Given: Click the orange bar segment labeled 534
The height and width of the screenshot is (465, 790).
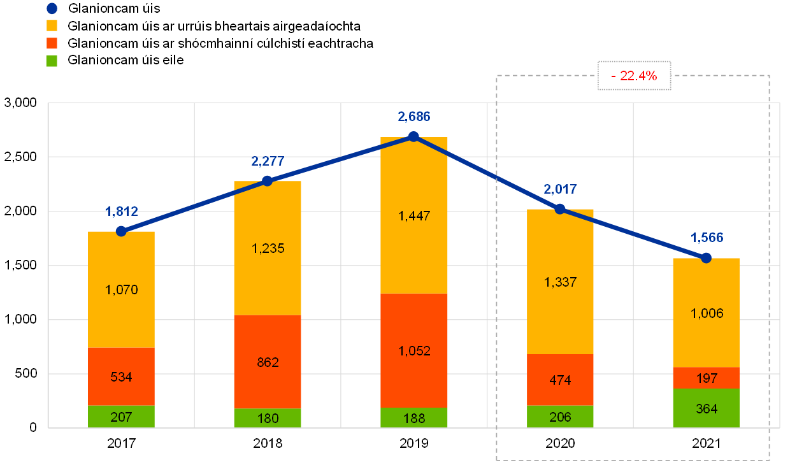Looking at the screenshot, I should (121, 376).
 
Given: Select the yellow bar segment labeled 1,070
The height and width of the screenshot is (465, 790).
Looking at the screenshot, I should (121, 290).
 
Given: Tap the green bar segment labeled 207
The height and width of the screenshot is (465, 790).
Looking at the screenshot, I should (121, 417).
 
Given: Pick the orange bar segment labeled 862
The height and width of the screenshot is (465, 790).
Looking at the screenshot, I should (268, 362).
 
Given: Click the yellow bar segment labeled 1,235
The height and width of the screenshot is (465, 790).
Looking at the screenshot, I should (268, 248).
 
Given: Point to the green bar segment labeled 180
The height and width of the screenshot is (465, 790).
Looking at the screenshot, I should (268, 418).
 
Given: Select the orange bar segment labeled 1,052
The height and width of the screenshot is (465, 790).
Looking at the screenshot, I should (414, 350).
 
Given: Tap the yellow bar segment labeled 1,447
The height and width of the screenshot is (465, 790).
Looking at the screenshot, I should (414, 215).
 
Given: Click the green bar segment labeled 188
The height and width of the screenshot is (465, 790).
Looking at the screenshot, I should (414, 417).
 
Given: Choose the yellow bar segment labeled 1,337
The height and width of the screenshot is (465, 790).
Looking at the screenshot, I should (560, 282).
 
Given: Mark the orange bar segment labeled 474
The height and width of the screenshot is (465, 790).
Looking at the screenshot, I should (560, 380).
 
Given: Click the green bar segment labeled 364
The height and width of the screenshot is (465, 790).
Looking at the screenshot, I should (706, 408).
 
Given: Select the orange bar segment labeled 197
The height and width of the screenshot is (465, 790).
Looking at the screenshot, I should (706, 378).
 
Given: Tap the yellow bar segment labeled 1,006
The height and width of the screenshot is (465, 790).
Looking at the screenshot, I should (706, 313).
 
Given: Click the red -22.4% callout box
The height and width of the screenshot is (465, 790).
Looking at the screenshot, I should (634, 76).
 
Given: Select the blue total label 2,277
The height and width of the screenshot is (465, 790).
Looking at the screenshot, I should (268, 161).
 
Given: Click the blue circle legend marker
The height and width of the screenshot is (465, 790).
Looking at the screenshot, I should (52, 8).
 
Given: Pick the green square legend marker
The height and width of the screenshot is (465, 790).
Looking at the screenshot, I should (52, 61).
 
